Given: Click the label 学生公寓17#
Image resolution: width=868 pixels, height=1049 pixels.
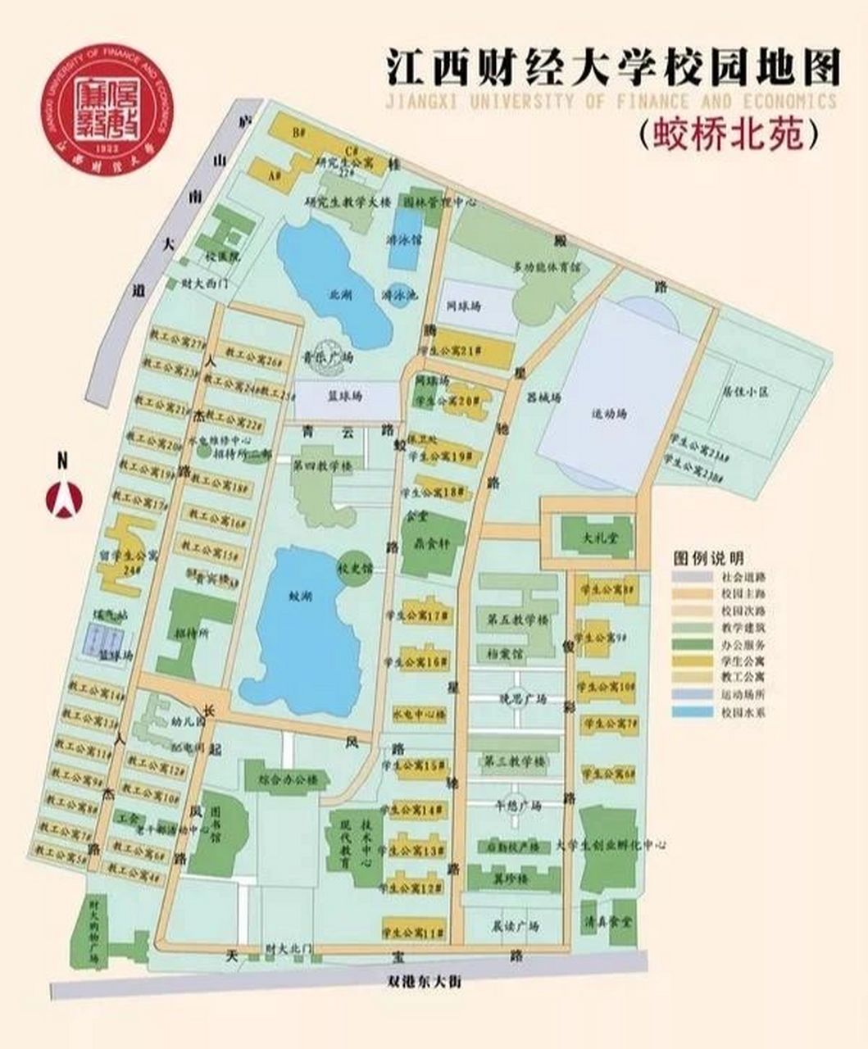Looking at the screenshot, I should coord(424,615).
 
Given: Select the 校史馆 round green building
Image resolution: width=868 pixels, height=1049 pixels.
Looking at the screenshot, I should coord(354,566).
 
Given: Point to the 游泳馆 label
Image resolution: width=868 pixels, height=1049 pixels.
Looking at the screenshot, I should coord(403,240).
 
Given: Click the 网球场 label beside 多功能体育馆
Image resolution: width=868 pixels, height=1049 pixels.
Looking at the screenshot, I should coord(464,306).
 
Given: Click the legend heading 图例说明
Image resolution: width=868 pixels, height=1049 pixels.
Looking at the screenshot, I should coord(708,558).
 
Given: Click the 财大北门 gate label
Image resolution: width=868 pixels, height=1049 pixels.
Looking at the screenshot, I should coord(289,948).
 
